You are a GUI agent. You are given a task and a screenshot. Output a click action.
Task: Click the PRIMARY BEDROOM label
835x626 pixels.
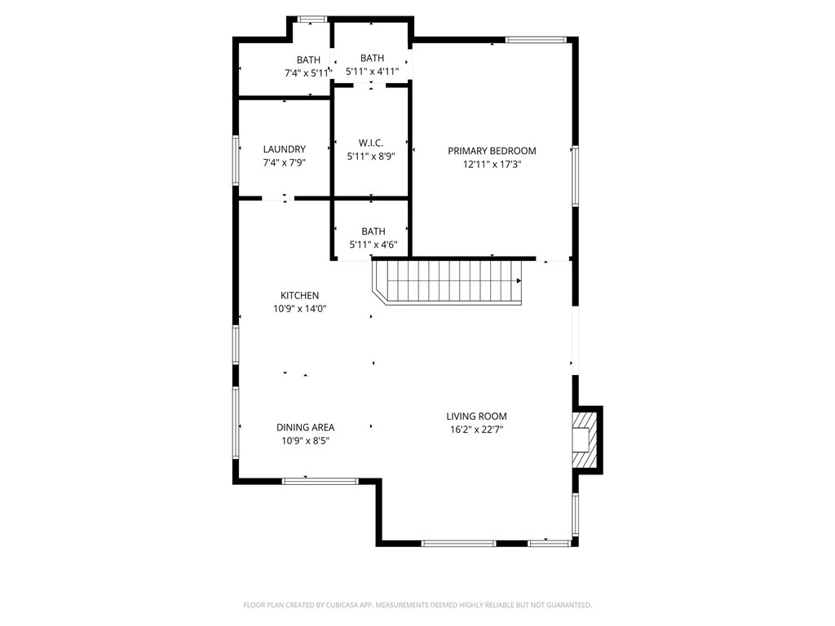click(492, 151)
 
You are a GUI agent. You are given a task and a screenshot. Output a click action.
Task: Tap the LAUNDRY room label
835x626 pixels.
click(284, 149)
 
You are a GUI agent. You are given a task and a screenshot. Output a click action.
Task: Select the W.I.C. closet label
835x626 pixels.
click(371, 143)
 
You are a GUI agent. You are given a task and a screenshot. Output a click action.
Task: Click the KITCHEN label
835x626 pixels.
click(299, 295)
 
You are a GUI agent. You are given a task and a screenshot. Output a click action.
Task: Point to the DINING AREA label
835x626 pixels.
click(305, 427)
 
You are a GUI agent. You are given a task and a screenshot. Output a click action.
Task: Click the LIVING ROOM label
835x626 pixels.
click(476, 416)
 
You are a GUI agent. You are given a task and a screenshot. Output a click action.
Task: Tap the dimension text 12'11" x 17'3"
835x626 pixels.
click(492, 164)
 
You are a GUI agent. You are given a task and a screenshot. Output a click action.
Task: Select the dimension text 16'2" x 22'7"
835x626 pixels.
click(476, 430)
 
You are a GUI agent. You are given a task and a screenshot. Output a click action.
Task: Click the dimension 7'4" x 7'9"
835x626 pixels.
click(284, 163)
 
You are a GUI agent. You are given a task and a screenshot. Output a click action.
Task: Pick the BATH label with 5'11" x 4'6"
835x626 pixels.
click(373, 231)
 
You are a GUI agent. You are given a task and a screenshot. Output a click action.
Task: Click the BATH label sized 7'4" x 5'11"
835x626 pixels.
click(308, 60)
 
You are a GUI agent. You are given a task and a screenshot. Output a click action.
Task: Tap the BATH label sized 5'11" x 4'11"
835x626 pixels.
click(372, 58)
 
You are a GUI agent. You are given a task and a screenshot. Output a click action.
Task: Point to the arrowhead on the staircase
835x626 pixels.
click(519, 281)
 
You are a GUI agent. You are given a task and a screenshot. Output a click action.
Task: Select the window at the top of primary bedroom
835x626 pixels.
click(536, 38)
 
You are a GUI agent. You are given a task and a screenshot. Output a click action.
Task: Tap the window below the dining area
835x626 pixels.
click(320, 481)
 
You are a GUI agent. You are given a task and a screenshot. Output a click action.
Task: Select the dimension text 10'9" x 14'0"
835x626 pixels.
click(299, 309)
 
